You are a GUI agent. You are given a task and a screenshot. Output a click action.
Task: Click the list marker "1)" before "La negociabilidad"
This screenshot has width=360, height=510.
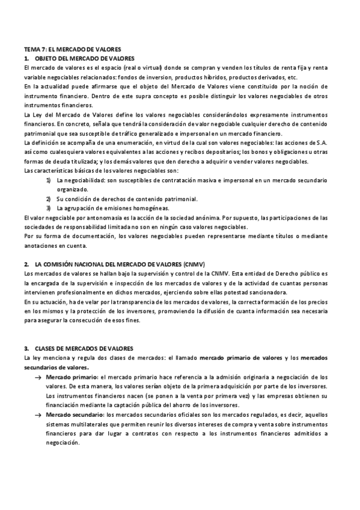pyautogui.click(x=49, y=180)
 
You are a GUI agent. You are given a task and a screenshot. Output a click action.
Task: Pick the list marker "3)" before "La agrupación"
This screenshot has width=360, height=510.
pyautogui.click(x=49, y=207)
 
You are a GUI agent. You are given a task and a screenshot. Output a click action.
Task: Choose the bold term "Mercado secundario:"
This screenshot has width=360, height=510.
pyautogui.click(x=75, y=416)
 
